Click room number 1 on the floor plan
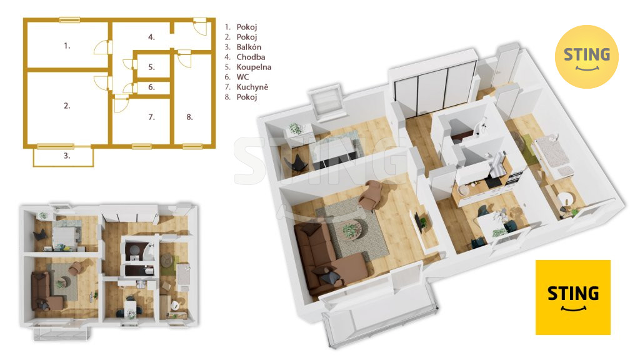pos(67,46)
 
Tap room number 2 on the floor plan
pos(67,106)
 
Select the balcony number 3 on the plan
pos(67,156)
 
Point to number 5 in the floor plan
pos(151,67)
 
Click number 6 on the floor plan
pos(151,87)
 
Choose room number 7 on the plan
pos(151,117)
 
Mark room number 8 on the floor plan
pos(189,117)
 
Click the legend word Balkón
pos(249,47)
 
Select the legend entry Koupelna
pos(254,67)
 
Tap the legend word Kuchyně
pos(252,87)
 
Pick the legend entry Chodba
pos(251,57)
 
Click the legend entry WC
pos(242,77)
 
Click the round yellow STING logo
pos(586,57)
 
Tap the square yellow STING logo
pos(573,297)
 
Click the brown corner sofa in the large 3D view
pos(326,256)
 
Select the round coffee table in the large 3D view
pos(351,229)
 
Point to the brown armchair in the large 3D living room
pos(370,194)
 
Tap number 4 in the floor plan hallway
pos(151,37)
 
